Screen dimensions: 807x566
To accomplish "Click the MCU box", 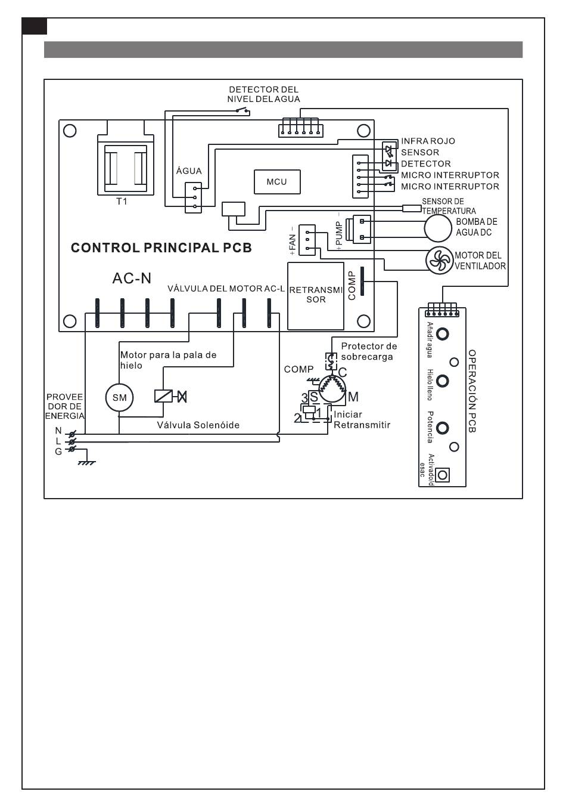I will point(276,182).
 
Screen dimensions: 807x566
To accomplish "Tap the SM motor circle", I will point(119,398).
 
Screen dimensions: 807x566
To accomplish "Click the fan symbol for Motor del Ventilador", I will point(439,260).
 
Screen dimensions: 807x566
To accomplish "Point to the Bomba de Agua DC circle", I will point(438,227).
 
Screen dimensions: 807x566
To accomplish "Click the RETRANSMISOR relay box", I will point(316,295).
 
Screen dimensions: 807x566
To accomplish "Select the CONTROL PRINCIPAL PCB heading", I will point(161,248).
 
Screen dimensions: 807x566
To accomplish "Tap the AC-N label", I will point(132,278).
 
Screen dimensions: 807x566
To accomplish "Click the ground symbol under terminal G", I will point(87,462).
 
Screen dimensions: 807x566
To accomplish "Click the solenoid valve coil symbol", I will point(163,395).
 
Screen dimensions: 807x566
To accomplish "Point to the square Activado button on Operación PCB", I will point(442,475).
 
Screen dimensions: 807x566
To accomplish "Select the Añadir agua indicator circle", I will point(442,333).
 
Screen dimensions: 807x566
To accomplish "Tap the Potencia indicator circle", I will point(442,428).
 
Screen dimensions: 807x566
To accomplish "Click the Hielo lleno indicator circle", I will point(442,381).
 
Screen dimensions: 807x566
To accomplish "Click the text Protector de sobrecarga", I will point(368,351).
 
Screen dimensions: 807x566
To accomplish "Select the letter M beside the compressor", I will point(353,397).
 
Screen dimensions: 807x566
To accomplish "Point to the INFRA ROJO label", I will point(428,141).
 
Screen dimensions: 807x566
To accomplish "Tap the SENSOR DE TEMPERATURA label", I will point(448,206).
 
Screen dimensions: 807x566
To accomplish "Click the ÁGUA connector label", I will point(189,171).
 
